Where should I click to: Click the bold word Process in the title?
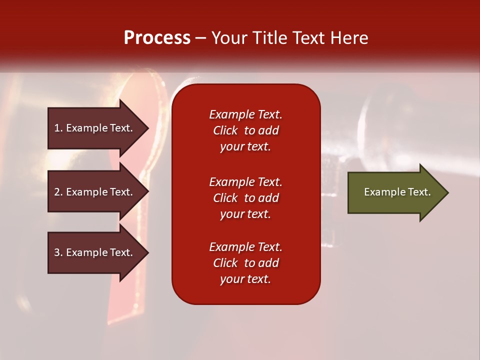(x=157, y=38)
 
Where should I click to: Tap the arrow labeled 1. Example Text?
(x=95, y=128)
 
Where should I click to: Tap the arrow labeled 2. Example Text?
(x=95, y=192)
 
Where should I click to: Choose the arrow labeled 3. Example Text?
(x=95, y=252)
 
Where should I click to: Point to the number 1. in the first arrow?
(x=58, y=128)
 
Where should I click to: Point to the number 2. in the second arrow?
(x=58, y=192)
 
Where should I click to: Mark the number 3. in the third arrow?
(x=58, y=252)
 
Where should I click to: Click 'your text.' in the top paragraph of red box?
(x=245, y=147)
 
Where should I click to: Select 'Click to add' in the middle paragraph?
(x=245, y=198)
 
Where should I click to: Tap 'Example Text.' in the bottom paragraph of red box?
(x=245, y=247)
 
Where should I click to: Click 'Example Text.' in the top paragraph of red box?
(x=245, y=114)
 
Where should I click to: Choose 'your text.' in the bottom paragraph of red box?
(x=245, y=279)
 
